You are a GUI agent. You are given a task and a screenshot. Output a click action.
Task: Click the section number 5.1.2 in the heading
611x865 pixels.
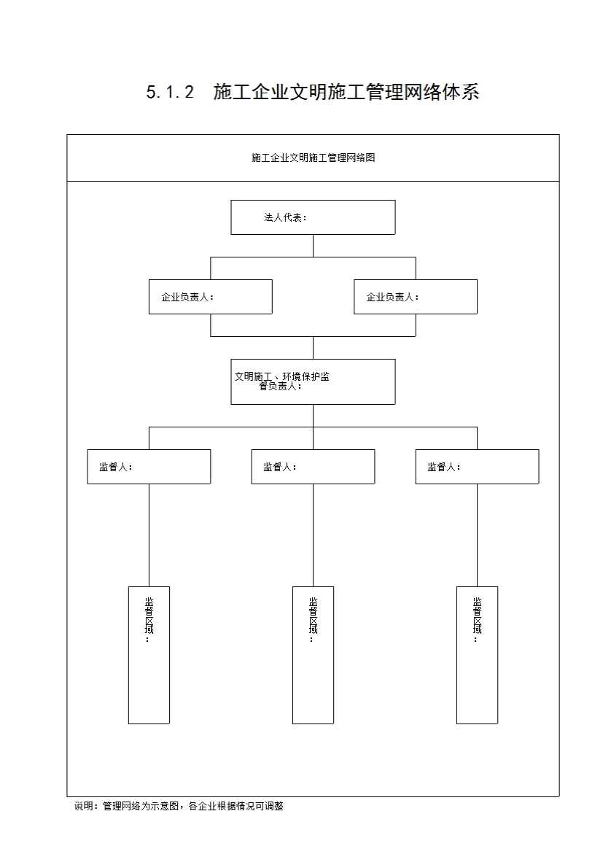pos(171,92)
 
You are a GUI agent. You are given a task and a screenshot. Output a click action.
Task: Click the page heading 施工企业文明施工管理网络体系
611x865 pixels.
pos(346,92)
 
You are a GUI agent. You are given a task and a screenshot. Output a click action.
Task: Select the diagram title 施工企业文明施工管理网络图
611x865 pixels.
pos(314,158)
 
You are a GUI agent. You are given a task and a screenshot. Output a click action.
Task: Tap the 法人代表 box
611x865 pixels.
pos(313,217)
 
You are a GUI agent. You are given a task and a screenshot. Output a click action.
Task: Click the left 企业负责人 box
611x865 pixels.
pos(211,297)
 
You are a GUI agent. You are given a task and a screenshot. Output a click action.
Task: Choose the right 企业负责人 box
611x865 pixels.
pos(416,297)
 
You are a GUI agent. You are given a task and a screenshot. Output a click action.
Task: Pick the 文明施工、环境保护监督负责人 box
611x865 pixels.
pos(313,381)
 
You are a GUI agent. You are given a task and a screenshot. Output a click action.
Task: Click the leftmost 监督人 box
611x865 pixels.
pos(149,467)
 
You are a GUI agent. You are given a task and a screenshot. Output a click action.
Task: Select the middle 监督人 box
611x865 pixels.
pos(314,467)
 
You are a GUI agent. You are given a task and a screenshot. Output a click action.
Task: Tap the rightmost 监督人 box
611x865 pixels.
pos(477,467)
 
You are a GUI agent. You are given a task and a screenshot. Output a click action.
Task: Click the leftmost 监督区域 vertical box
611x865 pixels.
pos(149,656)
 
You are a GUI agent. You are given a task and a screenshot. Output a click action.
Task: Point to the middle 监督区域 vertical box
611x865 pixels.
pos(314,656)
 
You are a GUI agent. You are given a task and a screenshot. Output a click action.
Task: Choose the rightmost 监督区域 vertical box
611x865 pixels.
pos(477,656)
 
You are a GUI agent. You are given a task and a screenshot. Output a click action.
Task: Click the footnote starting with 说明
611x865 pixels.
pos(179,806)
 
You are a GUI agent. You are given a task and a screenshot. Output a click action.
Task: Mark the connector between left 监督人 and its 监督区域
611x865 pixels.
pos(149,535)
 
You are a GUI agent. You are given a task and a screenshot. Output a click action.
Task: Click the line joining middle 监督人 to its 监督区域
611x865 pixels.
pos(314,535)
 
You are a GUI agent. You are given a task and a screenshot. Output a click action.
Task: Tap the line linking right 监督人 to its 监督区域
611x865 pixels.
pos(477,535)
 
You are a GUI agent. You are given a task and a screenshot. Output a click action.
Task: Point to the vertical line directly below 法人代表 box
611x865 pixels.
pos(314,246)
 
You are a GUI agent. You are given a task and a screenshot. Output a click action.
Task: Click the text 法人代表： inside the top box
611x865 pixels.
pos(286,217)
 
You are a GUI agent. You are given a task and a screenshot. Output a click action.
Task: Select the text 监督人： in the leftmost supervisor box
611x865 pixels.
pos(116,467)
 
